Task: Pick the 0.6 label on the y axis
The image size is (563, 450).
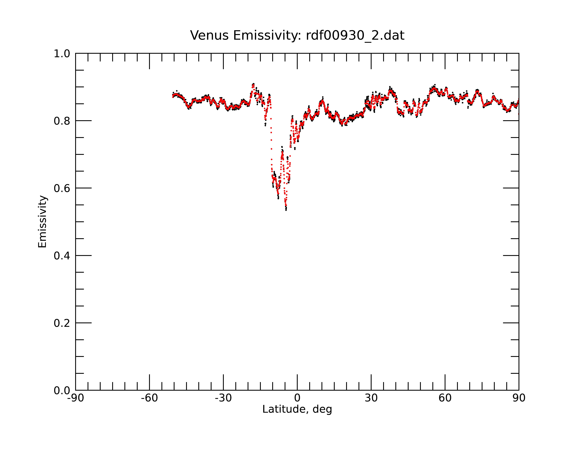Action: coord(62,188)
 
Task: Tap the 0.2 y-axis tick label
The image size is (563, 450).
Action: coord(62,323)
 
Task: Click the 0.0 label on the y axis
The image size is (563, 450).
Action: coord(62,391)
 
